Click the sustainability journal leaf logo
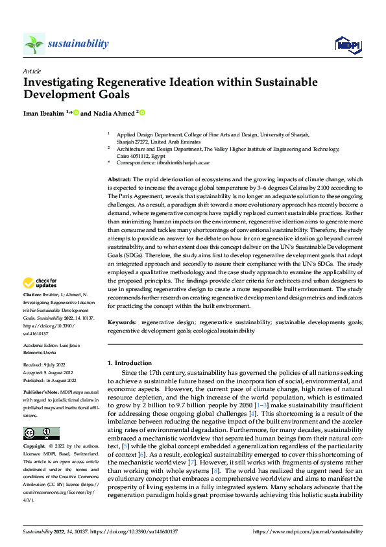coord(34,44)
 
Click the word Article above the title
coord(32,70)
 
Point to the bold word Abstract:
coord(121,179)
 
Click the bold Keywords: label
coord(122,322)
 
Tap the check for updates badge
coord(40,283)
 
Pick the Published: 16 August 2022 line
coord(50,380)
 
